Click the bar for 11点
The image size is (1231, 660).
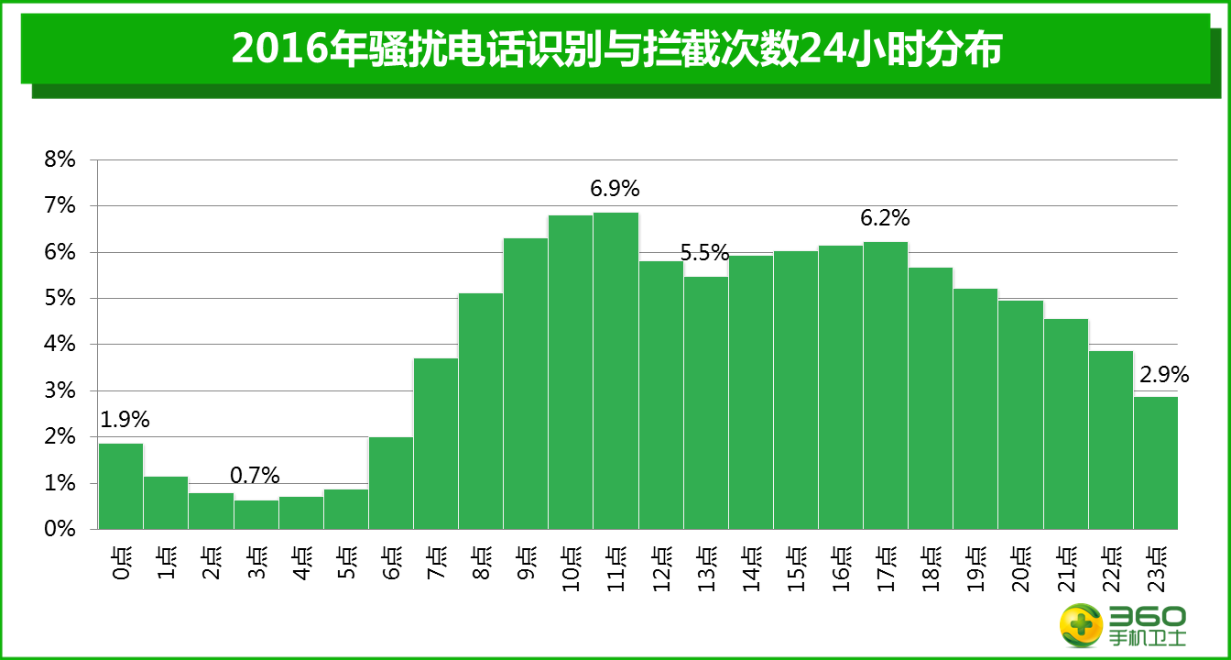click(x=615, y=370)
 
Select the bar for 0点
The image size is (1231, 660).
click(x=121, y=486)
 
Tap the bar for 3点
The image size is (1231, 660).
click(x=256, y=514)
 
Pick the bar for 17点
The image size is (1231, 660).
click(x=886, y=385)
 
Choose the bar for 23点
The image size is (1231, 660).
click(x=1156, y=462)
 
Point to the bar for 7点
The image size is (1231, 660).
click(x=436, y=443)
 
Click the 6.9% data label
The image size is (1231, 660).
click(x=615, y=190)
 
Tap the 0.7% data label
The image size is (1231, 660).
click(x=255, y=475)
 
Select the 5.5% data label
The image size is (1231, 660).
click(x=704, y=252)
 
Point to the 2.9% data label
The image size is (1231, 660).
click(x=1163, y=374)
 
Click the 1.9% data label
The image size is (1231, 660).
click(x=125, y=420)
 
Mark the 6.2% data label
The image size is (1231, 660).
click(x=885, y=218)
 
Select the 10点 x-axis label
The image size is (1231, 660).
click(x=571, y=570)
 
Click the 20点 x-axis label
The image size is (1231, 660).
click(x=1020, y=570)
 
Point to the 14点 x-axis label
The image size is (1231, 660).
click(x=751, y=570)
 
